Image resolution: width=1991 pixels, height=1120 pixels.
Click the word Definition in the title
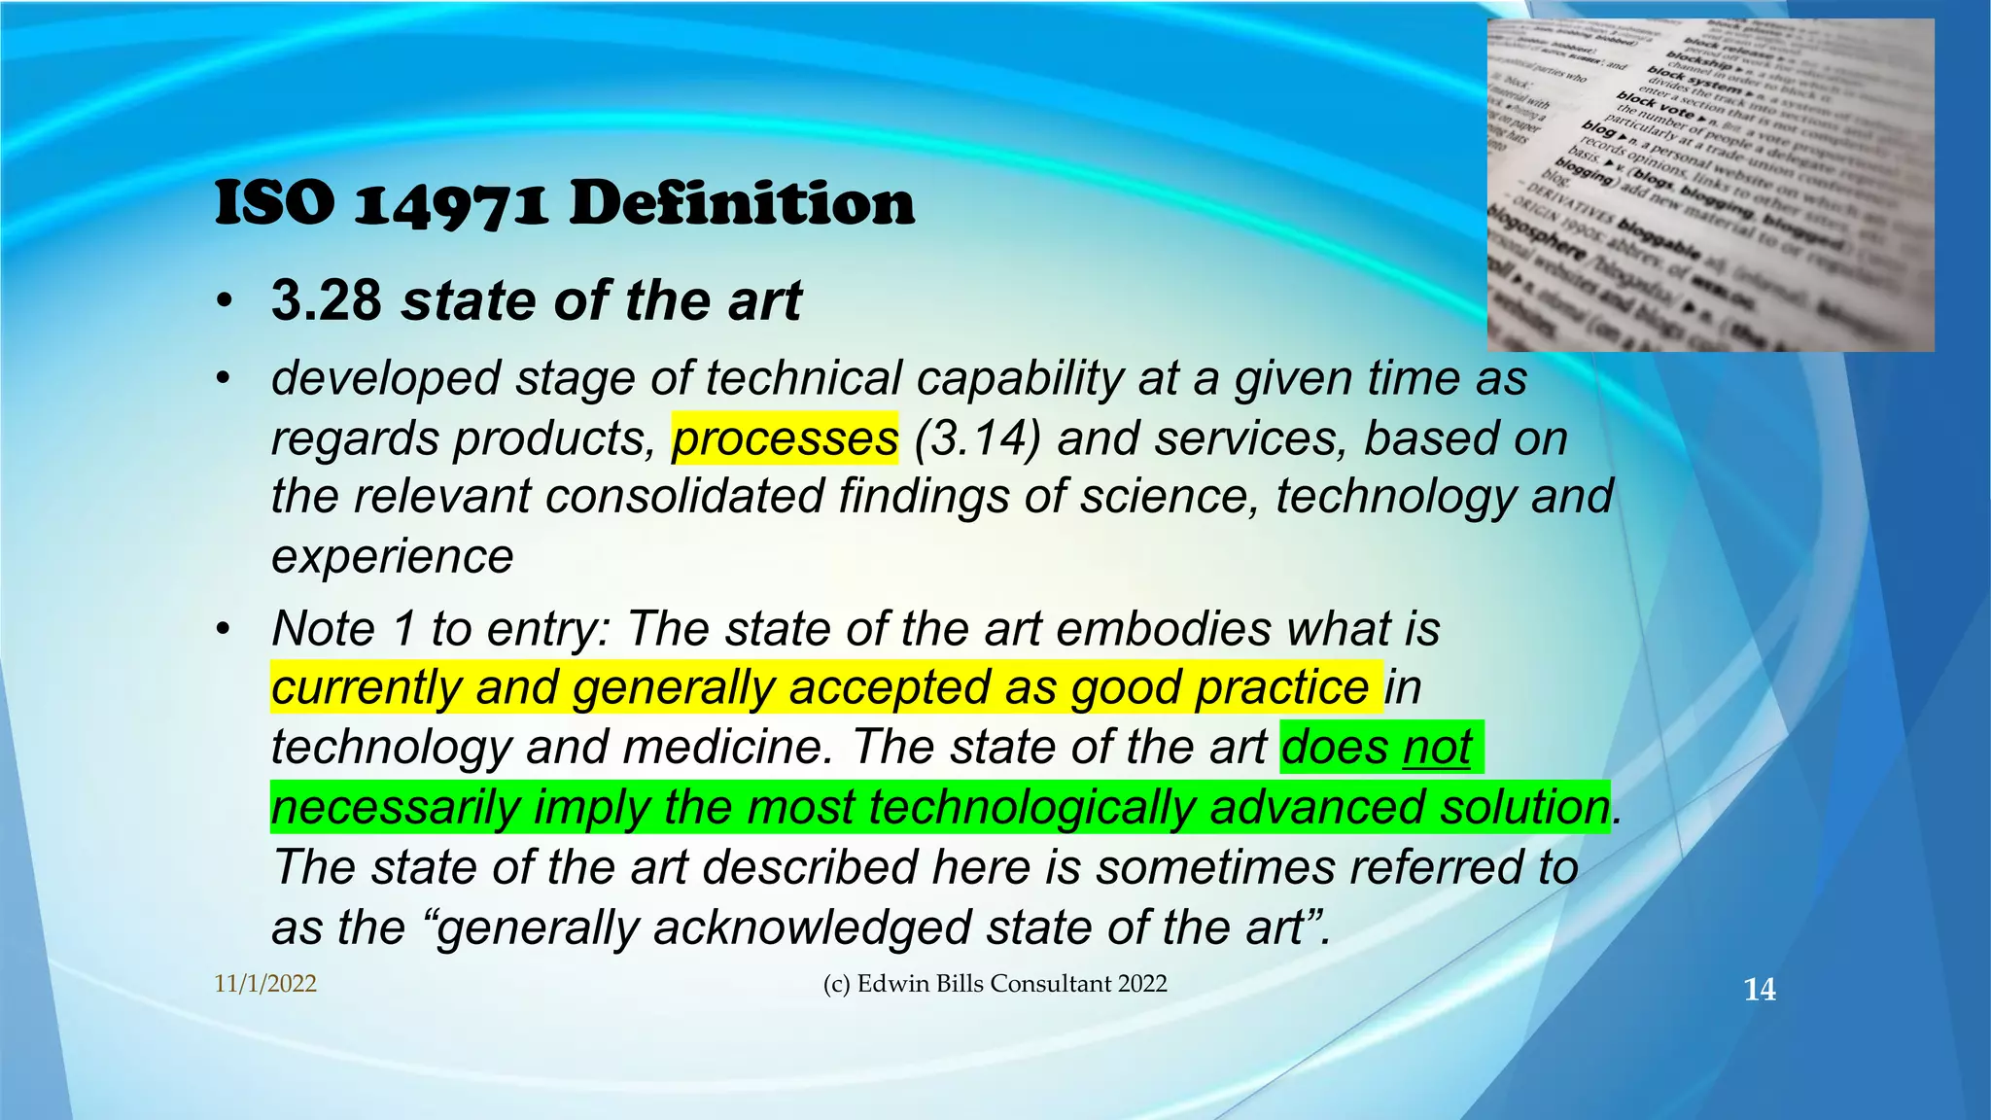741,204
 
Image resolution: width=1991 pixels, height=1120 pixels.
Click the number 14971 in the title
451,206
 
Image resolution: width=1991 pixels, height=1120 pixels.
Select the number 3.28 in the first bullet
327,300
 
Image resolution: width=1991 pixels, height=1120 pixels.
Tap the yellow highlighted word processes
785,438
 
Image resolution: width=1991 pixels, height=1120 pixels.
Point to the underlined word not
1437,748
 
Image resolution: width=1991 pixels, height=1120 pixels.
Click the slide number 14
1759,990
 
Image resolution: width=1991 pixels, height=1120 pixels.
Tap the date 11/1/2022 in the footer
265,984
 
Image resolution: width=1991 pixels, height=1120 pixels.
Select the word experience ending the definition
392,557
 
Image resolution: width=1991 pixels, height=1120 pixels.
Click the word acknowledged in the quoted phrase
813,927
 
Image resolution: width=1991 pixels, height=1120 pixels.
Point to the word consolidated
684,497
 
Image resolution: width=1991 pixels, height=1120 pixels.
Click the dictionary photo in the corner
1710,185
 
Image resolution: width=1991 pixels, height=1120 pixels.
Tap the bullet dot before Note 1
225,630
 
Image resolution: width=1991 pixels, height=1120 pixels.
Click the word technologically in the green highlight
1031,808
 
